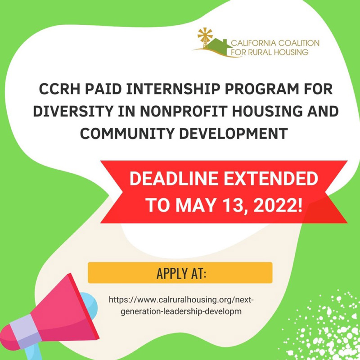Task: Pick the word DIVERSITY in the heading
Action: [x=73, y=111]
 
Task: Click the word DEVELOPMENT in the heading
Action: [x=233, y=133]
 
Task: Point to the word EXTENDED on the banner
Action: [x=271, y=178]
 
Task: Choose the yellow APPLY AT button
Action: [x=180, y=273]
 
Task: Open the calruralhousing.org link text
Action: [x=181, y=306]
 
